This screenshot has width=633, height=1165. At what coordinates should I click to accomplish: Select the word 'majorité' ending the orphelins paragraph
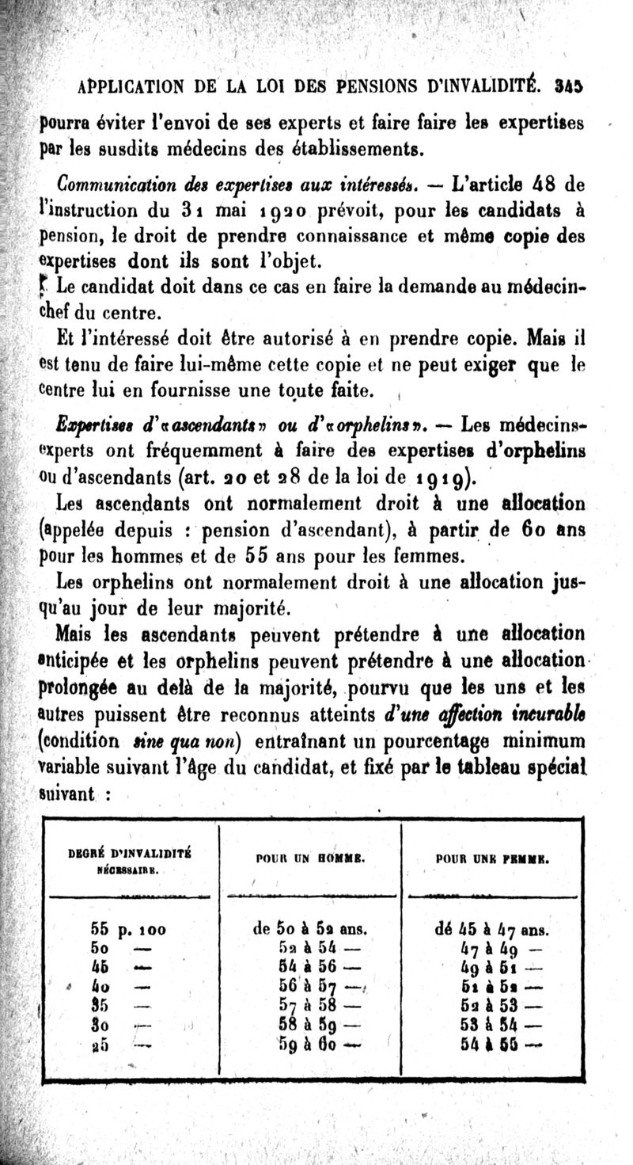coord(231,608)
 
